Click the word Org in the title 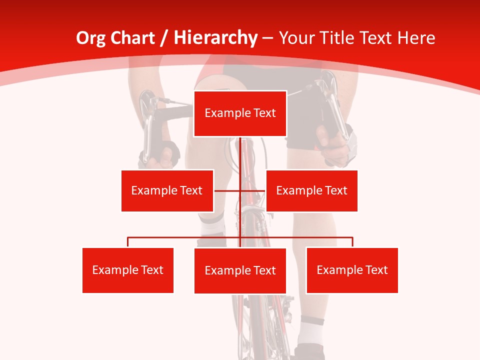click(91, 38)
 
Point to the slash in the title click(164, 38)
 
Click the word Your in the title click(295, 38)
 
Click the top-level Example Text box click(240, 113)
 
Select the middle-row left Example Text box click(167, 190)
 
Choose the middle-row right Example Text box click(311, 190)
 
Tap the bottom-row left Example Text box click(127, 270)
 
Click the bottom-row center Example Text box click(240, 270)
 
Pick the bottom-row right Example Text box click(352, 270)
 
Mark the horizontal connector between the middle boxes click(227, 190)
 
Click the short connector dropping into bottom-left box click(128, 242)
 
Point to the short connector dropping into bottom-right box click(352, 242)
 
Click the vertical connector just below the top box click(240, 150)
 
